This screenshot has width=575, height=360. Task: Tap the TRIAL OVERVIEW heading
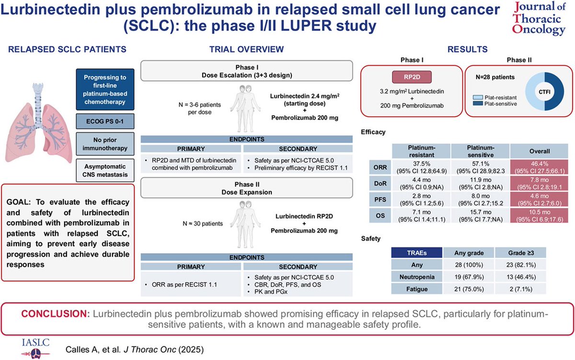246,49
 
